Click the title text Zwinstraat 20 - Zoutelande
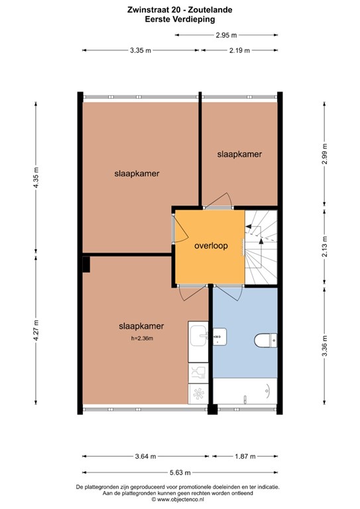[x=180, y=11]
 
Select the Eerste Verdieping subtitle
[x=180, y=20]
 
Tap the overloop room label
[x=211, y=245]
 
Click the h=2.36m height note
[x=142, y=339]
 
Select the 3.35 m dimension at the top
[x=141, y=50]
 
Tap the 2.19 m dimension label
[x=239, y=50]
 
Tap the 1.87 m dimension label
[x=245, y=456]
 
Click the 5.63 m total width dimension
[x=180, y=473]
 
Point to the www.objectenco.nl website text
[x=180, y=500]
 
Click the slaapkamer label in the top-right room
[x=239, y=154]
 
